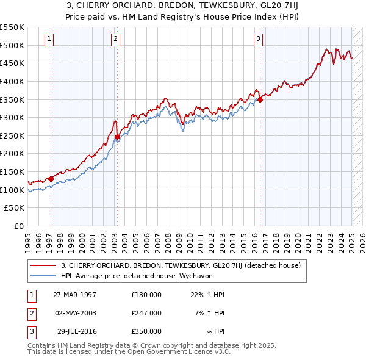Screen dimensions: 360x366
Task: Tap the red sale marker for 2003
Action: click(x=117, y=137)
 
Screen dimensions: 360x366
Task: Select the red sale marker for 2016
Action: click(x=260, y=99)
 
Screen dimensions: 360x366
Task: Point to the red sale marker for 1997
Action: click(x=51, y=179)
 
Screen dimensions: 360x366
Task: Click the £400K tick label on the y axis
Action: click(x=12, y=81)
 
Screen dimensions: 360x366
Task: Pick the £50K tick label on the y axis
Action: click(x=15, y=208)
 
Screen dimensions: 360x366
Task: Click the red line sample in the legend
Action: click(x=43, y=265)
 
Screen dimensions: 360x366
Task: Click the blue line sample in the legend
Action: click(x=43, y=275)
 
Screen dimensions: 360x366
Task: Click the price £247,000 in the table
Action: click(x=146, y=313)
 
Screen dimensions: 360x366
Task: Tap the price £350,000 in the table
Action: click(x=146, y=331)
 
